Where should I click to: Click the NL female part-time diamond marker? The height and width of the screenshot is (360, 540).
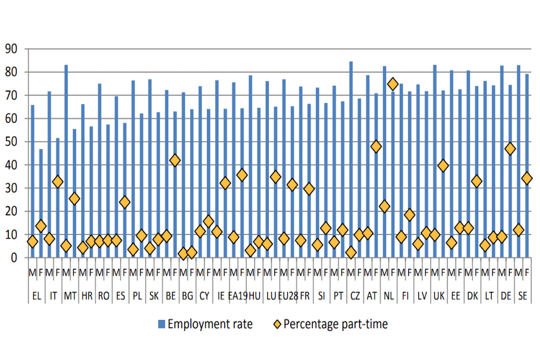coord(393,84)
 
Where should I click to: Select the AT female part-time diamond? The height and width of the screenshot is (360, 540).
coord(376,147)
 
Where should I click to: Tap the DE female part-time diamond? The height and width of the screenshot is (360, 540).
coord(510,149)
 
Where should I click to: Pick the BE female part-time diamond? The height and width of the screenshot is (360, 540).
coord(175,160)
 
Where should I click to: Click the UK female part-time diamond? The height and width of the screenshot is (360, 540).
coord(443,166)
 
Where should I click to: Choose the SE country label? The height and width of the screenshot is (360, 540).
coord(523,295)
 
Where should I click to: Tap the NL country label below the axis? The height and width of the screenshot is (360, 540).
coord(389,295)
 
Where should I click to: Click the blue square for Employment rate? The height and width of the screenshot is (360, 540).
coord(161,323)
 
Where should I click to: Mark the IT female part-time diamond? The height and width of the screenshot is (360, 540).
coord(57,182)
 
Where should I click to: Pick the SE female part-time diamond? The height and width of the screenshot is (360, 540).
coord(527,178)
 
